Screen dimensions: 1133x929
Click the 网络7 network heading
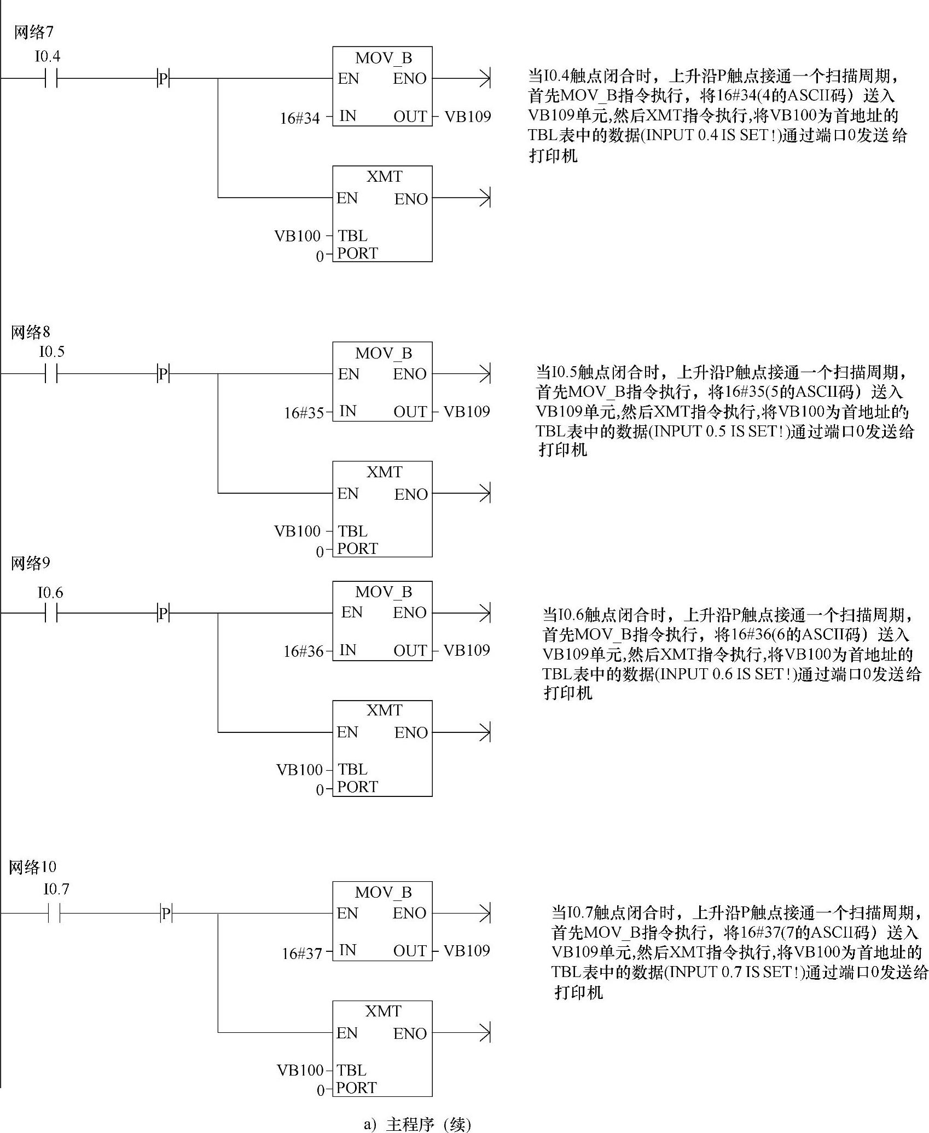click(x=33, y=32)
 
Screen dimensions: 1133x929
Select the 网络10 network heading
click(x=32, y=866)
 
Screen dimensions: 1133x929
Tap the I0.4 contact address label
click(x=48, y=56)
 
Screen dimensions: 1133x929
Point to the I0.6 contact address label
click(x=50, y=592)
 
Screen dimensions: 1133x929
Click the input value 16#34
click(x=300, y=118)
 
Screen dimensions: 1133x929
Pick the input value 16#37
click(x=302, y=953)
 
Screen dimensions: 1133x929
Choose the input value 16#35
click(x=304, y=413)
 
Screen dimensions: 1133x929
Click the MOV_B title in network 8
click(x=383, y=353)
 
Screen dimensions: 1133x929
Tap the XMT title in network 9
click(x=384, y=710)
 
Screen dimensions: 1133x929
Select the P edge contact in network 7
click(x=163, y=79)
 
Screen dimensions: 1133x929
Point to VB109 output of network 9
click(x=467, y=650)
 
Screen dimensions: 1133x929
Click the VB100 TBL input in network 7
click(x=297, y=236)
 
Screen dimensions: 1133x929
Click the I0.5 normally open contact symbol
click(x=51, y=374)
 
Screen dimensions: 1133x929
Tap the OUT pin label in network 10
click(x=410, y=951)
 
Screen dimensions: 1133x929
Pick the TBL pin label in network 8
click(x=352, y=531)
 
